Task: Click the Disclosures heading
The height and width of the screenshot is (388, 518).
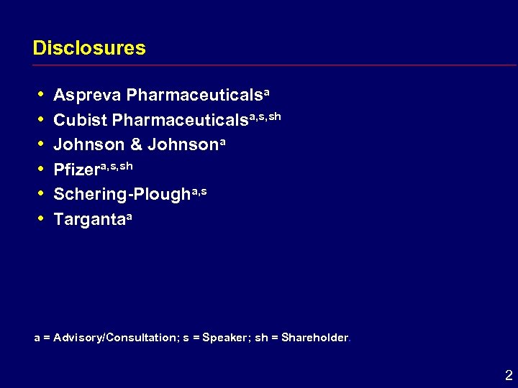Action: pos(89,49)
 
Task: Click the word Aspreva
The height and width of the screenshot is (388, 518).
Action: pos(87,96)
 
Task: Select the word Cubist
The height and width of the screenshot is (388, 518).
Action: pos(81,120)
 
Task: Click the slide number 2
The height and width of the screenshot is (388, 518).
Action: pos(509,374)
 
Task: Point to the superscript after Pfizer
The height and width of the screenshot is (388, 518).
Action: pos(117,165)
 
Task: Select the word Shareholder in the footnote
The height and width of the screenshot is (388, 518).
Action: pos(314,337)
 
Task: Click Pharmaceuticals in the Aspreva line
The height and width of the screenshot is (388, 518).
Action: pos(194,96)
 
